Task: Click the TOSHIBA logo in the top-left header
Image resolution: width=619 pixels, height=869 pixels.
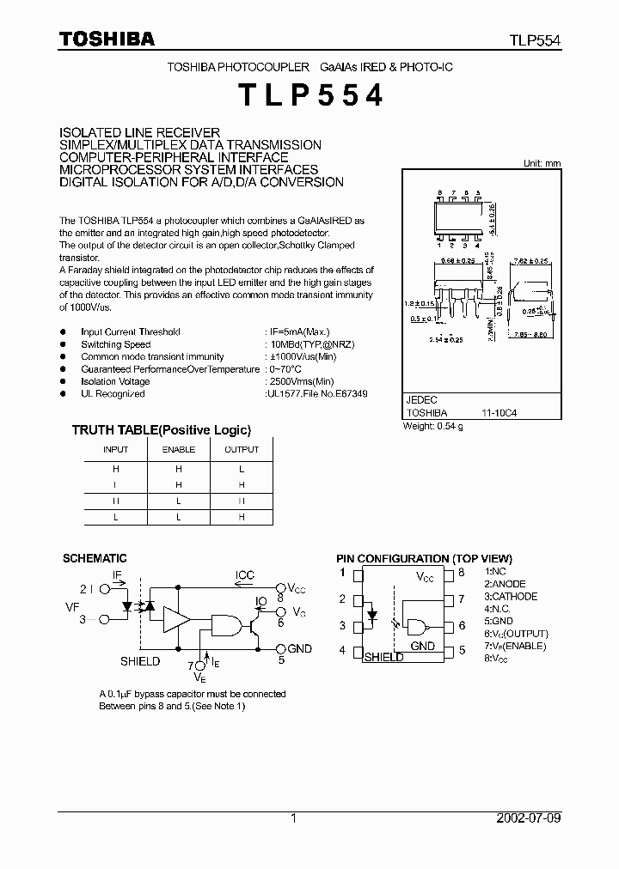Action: [x=107, y=39]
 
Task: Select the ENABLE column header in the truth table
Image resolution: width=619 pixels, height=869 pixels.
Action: [x=179, y=449]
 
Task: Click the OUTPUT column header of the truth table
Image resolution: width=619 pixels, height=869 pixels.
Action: [x=242, y=449]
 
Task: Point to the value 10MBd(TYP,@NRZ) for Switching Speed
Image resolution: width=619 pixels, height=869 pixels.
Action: [x=310, y=344]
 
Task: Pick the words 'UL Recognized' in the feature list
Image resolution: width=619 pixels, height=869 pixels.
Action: [x=113, y=393]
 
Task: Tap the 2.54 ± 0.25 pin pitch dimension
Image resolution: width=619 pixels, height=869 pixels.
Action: [x=446, y=340]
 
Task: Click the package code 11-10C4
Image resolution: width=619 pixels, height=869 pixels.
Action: [x=499, y=412]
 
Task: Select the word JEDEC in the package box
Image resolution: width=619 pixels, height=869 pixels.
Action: [x=421, y=400]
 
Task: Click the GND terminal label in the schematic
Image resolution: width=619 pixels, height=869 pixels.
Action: [x=300, y=648]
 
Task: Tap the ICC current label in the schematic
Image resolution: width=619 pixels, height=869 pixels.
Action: [x=246, y=575]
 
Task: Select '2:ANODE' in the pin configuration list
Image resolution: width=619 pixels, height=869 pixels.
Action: [x=505, y=584]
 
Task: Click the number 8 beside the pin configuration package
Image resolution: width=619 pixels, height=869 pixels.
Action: [x=461, y=572]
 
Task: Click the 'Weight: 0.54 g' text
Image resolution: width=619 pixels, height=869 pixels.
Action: [x=434, y=427]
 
